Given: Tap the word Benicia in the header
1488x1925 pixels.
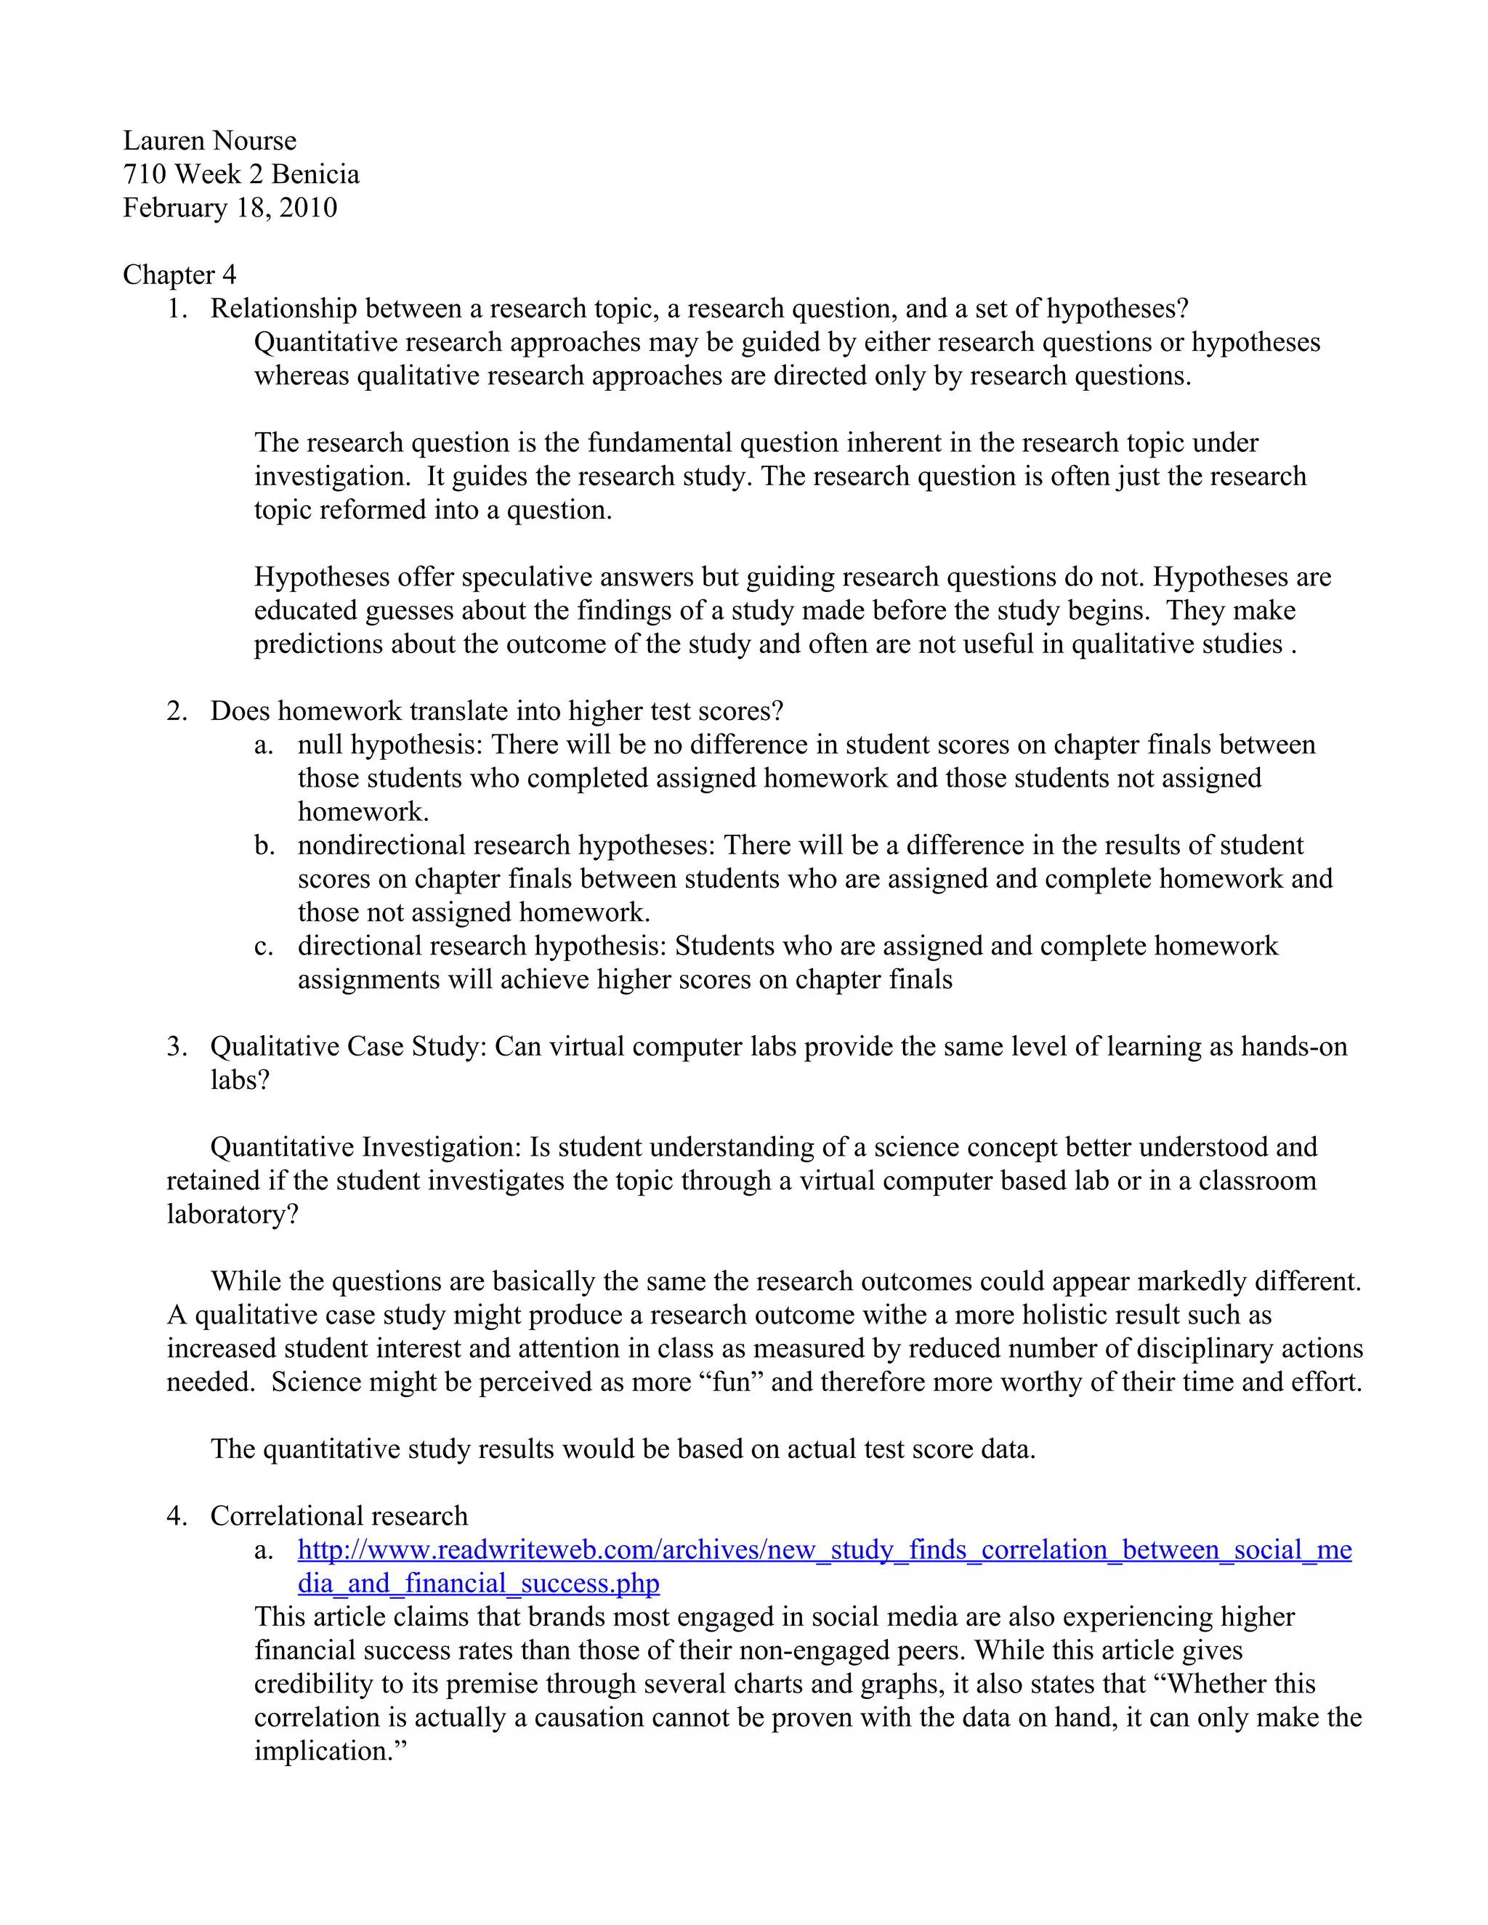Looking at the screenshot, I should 315,174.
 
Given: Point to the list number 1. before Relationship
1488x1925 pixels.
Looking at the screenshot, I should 177,309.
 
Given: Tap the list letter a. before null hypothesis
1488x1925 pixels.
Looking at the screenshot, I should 264,745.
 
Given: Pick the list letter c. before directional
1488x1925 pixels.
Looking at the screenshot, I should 263,946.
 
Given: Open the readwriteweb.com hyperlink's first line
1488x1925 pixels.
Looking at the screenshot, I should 824,1549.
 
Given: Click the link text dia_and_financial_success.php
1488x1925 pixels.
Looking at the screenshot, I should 479,1583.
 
